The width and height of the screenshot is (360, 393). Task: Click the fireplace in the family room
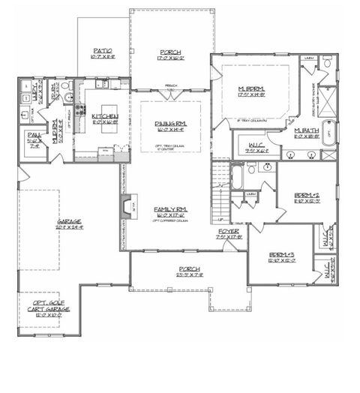[x=124, y=204]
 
